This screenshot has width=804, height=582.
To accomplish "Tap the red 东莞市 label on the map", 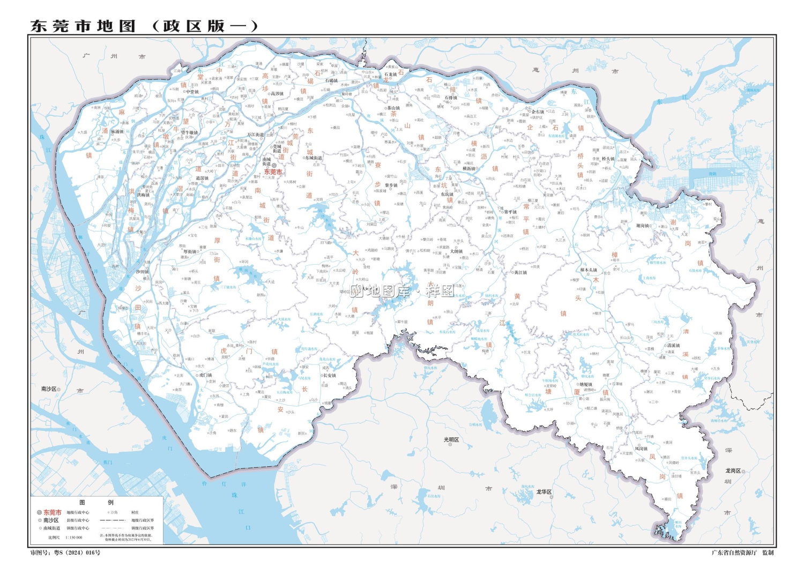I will point(272,172).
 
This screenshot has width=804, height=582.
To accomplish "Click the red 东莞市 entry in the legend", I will point(53,512).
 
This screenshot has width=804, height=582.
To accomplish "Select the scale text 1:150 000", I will point(73,537).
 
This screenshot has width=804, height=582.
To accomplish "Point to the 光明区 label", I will point(451,439).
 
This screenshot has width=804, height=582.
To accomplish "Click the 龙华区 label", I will point(544,491).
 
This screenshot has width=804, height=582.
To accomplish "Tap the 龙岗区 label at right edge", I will point(733,471).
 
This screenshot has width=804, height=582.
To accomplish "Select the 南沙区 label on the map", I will point(49,389).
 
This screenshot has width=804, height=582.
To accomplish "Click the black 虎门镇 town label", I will point(205,375).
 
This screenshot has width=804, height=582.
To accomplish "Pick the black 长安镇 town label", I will point(329,375).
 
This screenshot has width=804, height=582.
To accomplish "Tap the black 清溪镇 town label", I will point(673,346).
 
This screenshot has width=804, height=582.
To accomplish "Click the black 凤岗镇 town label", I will point(641,449).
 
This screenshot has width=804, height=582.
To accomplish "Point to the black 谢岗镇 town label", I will point(643,226).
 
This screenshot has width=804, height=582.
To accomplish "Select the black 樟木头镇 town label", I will point(589,270).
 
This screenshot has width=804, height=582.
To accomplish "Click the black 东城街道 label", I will point(314,158).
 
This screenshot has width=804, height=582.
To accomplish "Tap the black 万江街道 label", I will point(256,135).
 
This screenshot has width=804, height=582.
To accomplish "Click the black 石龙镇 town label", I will point(390,74).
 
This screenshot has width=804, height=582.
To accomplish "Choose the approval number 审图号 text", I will point(65,553).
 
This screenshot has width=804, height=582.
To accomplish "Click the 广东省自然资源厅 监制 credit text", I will point(742,553).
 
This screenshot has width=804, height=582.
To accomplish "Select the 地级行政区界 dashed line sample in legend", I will point(112,520).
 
